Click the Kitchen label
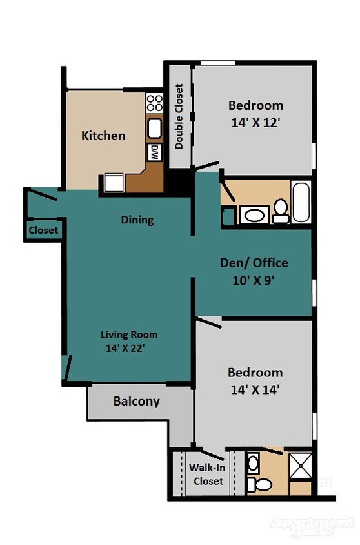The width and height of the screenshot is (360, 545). (103, 136)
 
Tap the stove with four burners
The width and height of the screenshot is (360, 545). (154, 102)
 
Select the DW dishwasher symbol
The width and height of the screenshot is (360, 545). (154, 152)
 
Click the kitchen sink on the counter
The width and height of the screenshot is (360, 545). (154, 129)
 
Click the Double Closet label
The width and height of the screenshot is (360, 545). (179, 117)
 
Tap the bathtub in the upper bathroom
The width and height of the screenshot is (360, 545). (301, 203)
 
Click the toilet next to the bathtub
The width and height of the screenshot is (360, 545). (281, 211)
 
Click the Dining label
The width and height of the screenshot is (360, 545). (137, 220)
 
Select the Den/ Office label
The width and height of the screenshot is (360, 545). (254, 263)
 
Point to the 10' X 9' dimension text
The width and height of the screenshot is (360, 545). (254, 281)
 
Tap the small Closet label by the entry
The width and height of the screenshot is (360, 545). (43, 231)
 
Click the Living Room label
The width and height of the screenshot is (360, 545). (129, 334)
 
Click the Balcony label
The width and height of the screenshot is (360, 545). (136, 401)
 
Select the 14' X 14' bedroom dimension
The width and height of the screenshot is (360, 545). (255, 389)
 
